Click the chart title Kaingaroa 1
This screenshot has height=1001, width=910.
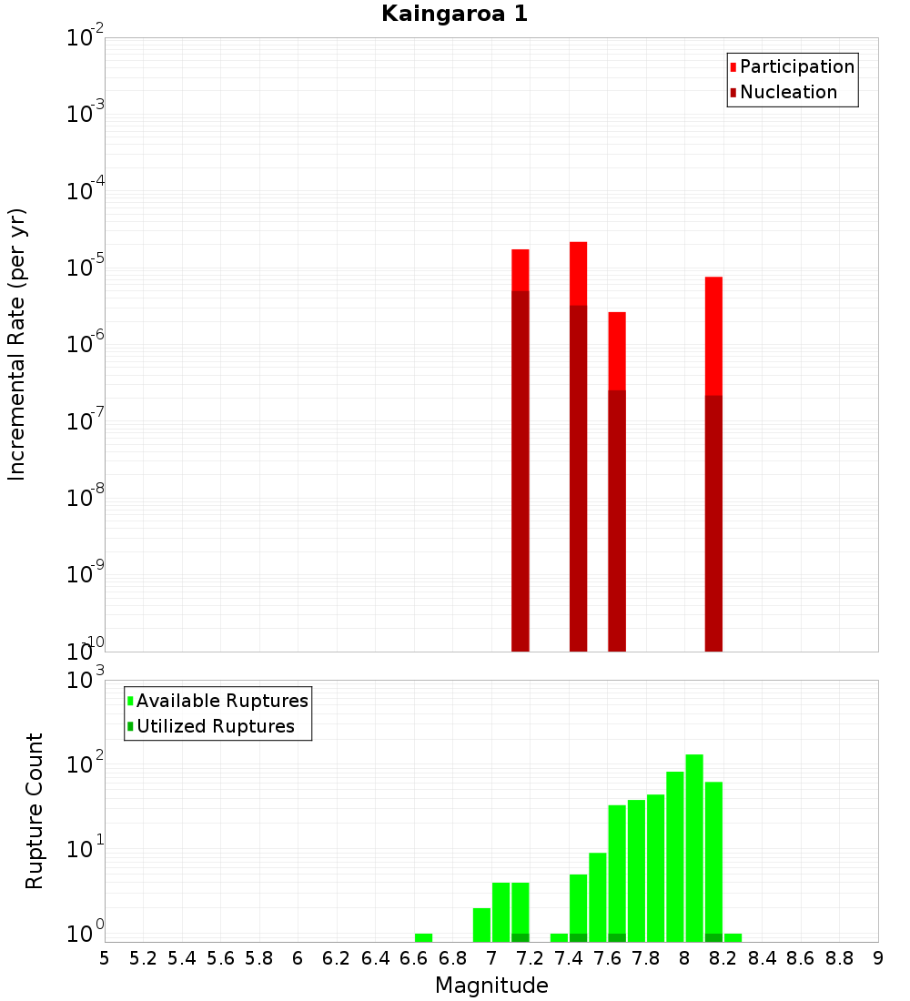click(454, 14)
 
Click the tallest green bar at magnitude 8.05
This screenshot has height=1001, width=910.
click(694, 847)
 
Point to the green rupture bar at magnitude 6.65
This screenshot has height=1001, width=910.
click(423, 937)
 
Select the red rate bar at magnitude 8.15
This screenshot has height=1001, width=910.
click(713, 337)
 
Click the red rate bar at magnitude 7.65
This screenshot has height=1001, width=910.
click(617, 350)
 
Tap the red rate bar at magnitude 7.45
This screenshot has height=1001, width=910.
click(578, 273)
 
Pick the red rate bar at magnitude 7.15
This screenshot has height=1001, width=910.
click(521, 269)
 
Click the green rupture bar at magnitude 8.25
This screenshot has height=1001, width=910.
click(733, 937)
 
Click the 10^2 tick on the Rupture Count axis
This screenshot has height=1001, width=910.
click(84, 764)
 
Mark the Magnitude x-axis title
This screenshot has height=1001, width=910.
click(491, 985)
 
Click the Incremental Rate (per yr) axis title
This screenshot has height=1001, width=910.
click(17, 344)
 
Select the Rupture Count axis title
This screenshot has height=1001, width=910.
click(35, 811)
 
